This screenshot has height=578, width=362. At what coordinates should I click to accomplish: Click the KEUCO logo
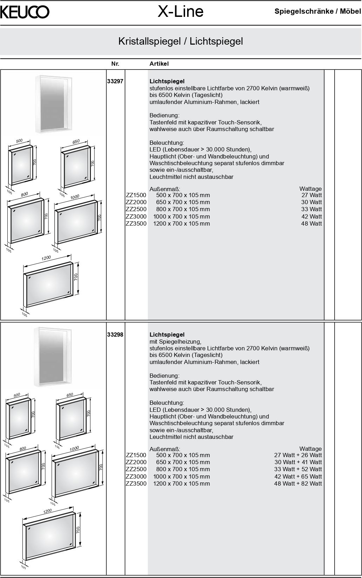[x=25, y=12]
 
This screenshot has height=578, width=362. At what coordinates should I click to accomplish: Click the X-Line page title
[x=180, y=12]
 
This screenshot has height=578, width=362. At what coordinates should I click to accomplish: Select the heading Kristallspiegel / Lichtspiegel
[x=180, y=41]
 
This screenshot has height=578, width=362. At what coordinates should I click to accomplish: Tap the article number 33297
[x=115, y=82]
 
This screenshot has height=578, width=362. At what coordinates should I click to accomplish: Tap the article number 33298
[x=115, y=335]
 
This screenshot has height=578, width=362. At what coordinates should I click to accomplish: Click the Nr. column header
[x=115, y=64]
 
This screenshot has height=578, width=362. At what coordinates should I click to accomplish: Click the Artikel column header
[x=159, y=64]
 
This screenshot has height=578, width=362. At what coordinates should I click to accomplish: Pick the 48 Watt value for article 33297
[x=311, y=223]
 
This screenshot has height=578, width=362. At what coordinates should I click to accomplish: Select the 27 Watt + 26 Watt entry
[x=298, y=455]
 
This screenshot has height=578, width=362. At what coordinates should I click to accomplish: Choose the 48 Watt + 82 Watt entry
[x=298, y=483]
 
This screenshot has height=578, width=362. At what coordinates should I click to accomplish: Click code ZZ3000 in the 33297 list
[x=136, y=216]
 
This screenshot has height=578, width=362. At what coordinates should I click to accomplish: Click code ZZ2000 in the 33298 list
[x=136, y=462]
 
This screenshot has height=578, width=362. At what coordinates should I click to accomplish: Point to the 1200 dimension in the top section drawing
[x=46, y=258]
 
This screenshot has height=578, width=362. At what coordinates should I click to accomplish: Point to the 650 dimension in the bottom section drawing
[x=70, y=395]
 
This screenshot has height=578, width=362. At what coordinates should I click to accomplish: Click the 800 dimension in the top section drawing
[x=24, y=194]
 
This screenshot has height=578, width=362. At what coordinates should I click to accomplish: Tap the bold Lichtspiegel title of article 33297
[x=167, y=82]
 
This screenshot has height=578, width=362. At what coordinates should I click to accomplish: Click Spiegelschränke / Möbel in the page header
[x=317, y=12]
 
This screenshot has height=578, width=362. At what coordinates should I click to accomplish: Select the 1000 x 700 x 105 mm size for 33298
[x=182, y=476]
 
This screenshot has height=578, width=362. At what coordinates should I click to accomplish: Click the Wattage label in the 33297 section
[x=310, y=189]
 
